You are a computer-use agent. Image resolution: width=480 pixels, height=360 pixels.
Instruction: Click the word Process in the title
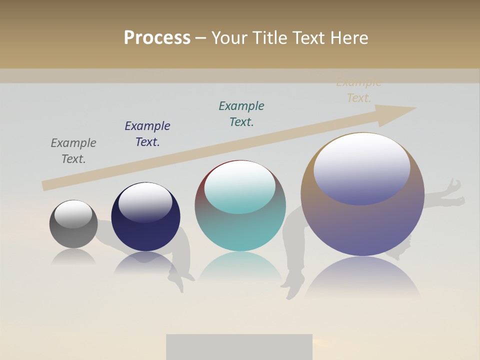(157, 38)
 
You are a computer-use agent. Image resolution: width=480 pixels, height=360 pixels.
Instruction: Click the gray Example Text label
(73, 151)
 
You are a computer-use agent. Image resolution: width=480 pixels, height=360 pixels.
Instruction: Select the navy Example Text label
(147, 134)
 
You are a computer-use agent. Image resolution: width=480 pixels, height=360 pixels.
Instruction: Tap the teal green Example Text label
(241, 114)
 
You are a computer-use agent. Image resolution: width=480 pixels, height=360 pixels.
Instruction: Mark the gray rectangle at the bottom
(239, 347)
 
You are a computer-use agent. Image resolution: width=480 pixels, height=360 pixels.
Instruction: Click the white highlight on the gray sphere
(73, 213)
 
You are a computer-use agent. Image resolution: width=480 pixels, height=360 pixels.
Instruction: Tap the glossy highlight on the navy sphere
(145, 201)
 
